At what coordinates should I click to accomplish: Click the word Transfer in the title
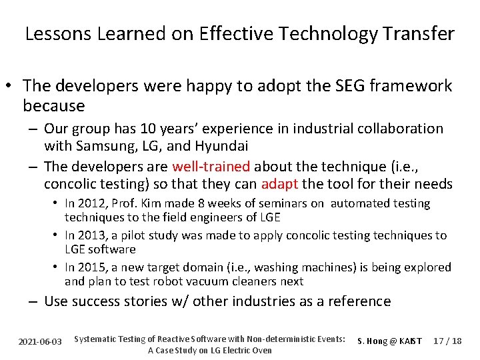419,34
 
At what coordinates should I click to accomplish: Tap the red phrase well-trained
211,167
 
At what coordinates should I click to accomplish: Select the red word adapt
279,184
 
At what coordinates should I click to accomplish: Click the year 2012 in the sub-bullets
91,203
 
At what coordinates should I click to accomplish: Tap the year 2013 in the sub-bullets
91,235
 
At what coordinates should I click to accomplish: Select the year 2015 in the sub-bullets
91,267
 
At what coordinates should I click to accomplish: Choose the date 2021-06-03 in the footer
41,341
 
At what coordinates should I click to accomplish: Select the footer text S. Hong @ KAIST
390,341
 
